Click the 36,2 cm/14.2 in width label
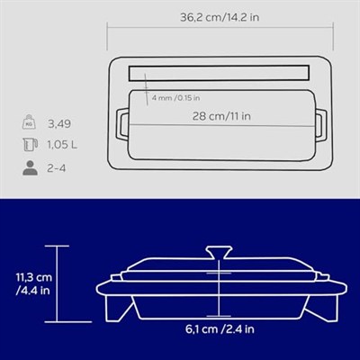[x=220, y=17]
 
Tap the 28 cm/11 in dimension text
[x=221, y=116]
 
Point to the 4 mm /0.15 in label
[x=175, y=98]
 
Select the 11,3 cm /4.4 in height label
[x=33, y=283]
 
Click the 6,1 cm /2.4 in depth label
[x=220, y=329]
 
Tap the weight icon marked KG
[x=29, y=121]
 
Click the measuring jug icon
[x=31, y=145]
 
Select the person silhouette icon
[x=31, y=168]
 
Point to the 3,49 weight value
[x=59, y=124]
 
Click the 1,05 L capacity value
[x=62, y=145]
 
